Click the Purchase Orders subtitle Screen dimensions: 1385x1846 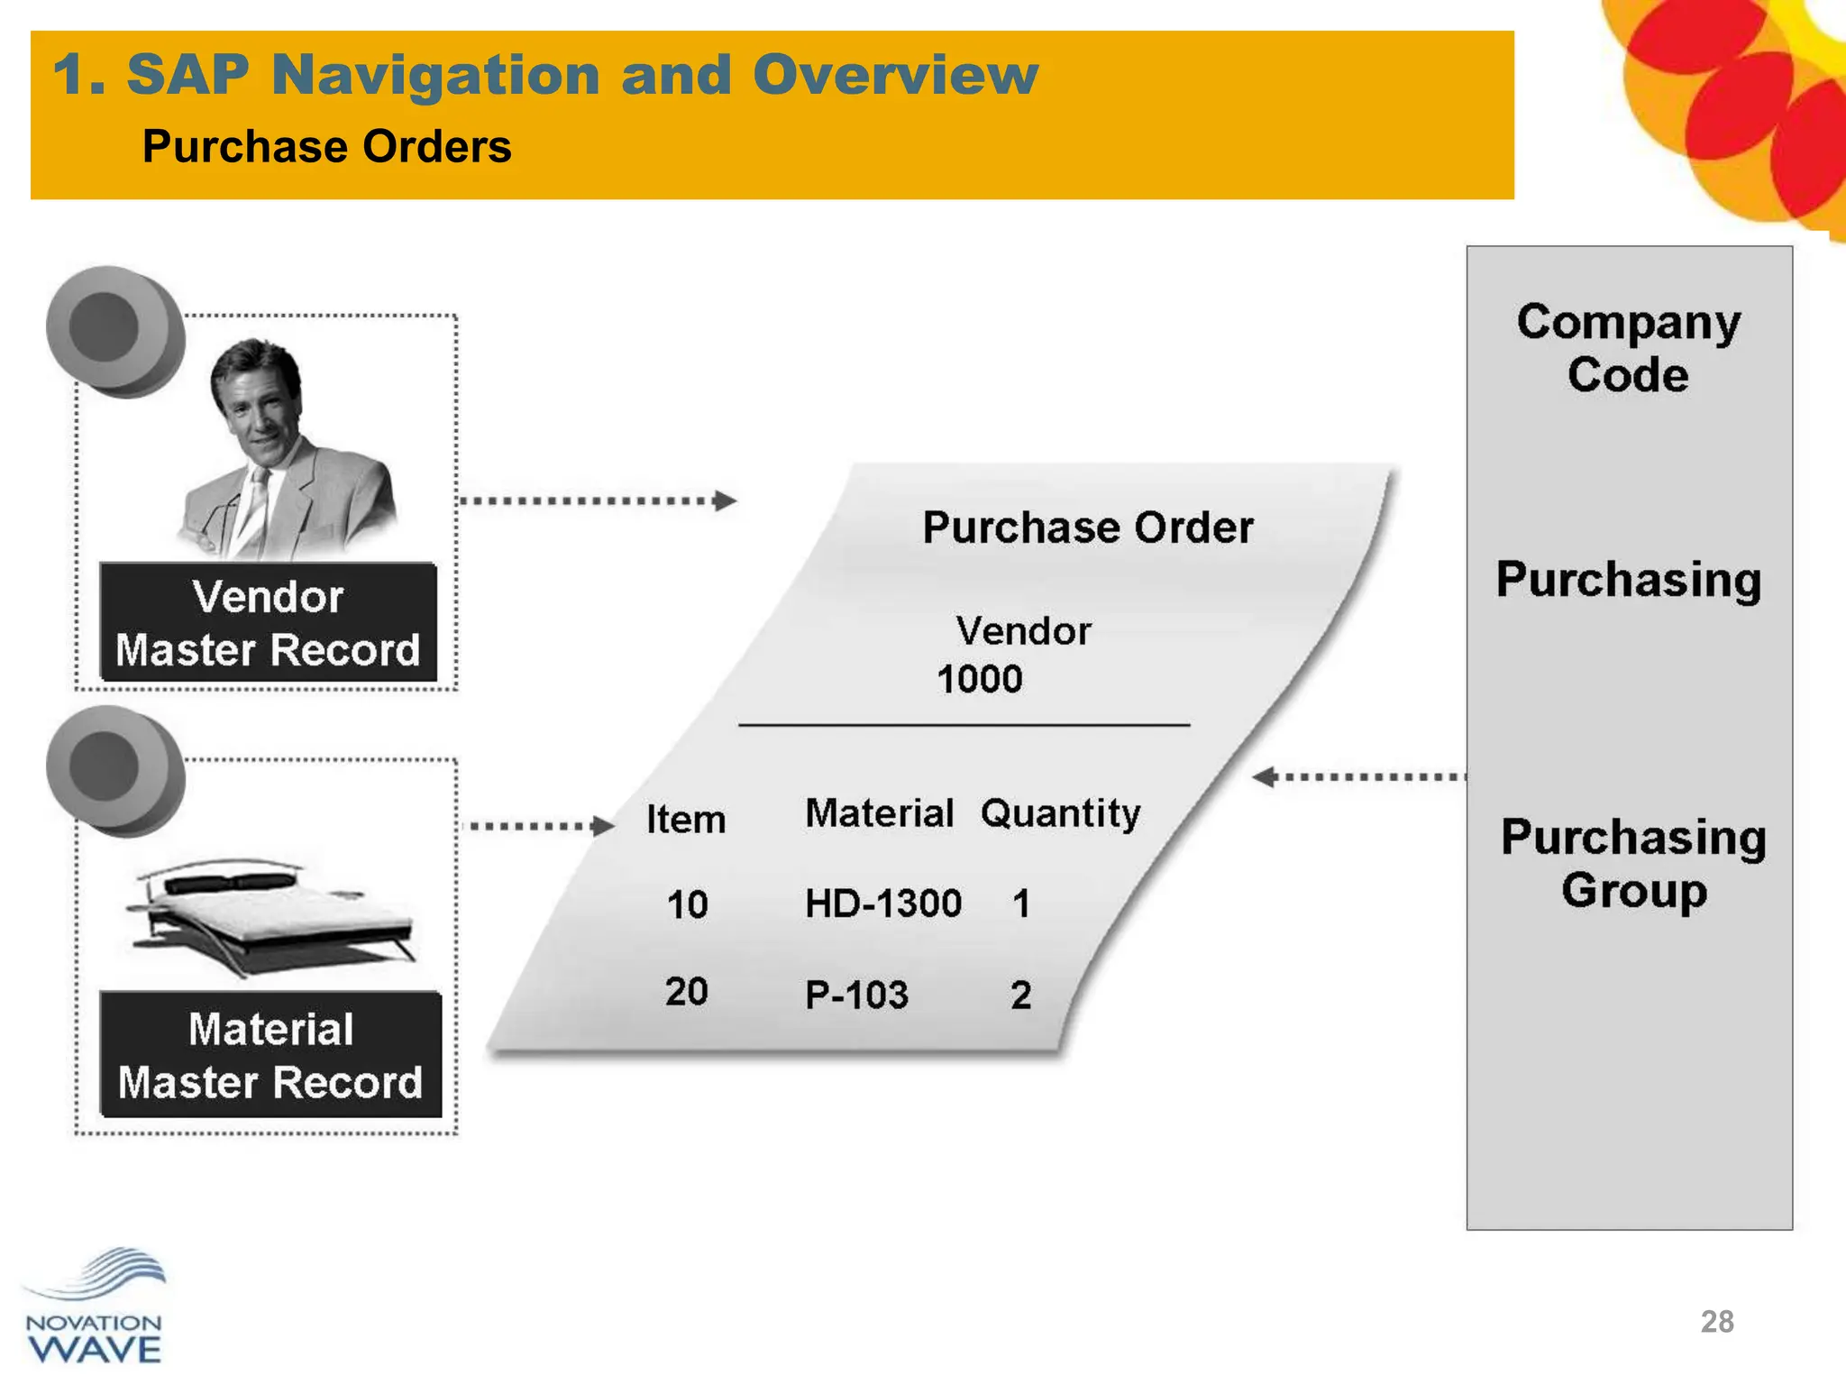(326, 147)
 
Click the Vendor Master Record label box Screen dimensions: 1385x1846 (268, 623)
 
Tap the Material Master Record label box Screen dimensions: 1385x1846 (270, 1055)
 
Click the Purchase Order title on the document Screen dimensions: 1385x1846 (1087, 527)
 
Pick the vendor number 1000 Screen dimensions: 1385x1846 (980, 679)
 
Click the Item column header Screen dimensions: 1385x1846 (685, 820)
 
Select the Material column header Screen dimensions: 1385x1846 (879, 813)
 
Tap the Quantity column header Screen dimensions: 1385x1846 (1060, 813)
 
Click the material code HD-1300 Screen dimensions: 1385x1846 (883, 903)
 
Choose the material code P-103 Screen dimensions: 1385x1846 (856, 995)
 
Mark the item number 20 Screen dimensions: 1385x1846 (687, 992)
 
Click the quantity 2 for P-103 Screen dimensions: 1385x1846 (1020, 995)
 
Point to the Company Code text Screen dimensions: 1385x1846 (1628, 348)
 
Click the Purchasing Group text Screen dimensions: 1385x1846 (1633, 863)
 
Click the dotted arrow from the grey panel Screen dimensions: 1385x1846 (1359, 776)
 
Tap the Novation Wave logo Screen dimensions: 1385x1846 (95, 1307)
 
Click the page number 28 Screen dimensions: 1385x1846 (1716, 1321)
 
